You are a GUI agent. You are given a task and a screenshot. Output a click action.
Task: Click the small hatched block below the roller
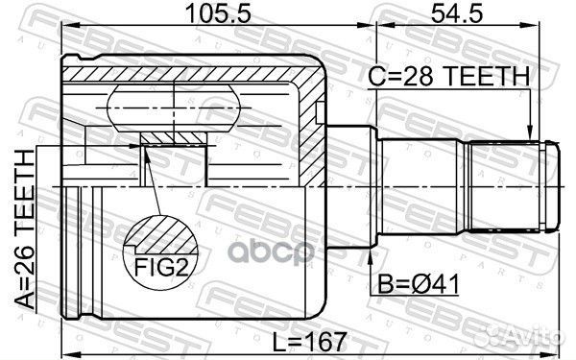coord(174,140)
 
